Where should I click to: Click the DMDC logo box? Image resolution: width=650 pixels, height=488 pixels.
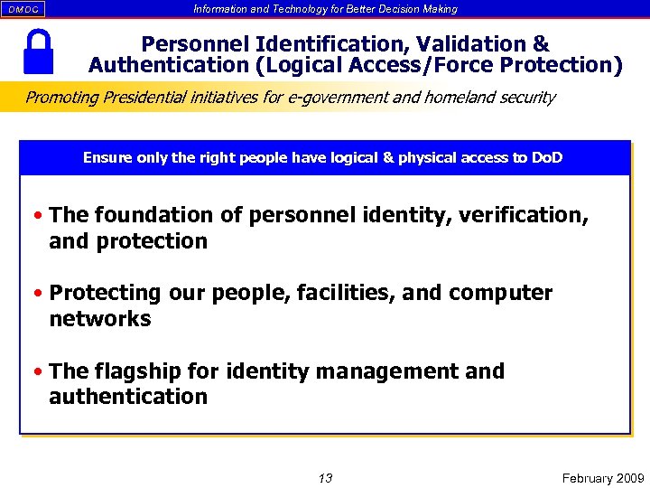click(x=23, y=9)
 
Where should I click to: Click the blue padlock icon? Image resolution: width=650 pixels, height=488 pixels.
click(x=37, y=52)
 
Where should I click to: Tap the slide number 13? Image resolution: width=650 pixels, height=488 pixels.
click(x=325, y=477)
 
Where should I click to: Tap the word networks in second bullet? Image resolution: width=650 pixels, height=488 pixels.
click(x=99, y=319)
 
